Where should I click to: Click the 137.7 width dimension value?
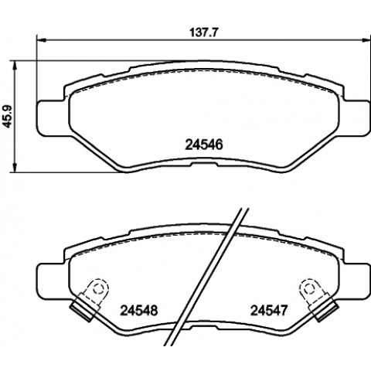coord(204,33)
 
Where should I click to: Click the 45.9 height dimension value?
coord(9,116)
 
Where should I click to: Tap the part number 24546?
coord(204,145)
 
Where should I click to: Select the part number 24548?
coord(139,311)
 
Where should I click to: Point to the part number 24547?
coord(269,311)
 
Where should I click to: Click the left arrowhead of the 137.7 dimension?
coord(41,40)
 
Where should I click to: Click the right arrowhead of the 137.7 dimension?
coord(366,40)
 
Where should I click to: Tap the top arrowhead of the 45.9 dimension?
coord(15,66)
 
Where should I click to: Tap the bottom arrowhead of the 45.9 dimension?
coord(15,168)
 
